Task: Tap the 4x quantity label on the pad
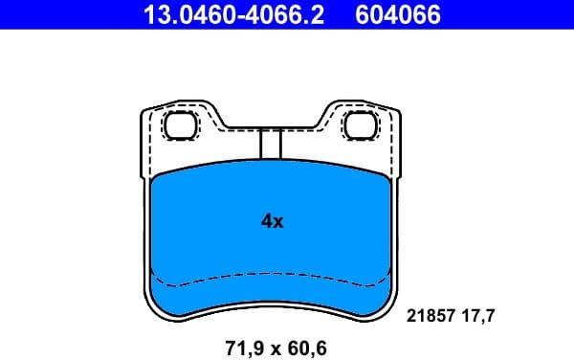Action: point(273,221)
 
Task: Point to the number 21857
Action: point(430,314)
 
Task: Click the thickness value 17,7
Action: point(481,314)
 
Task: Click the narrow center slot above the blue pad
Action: point(271,143)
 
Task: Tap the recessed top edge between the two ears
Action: point(271,127)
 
